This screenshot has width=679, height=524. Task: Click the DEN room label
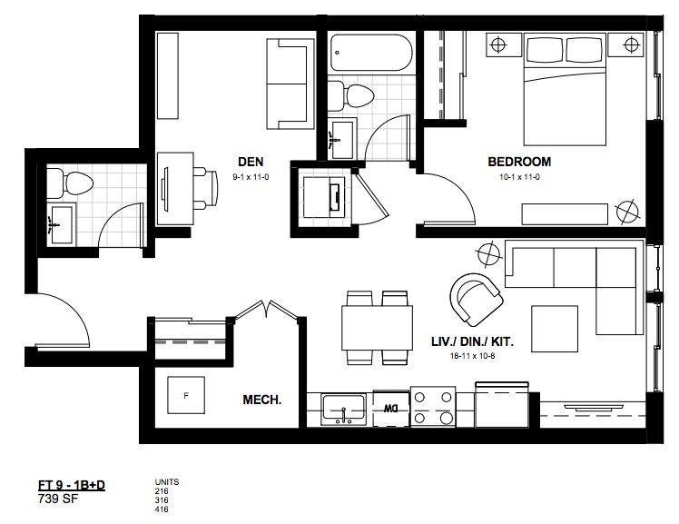(x=251, y=162)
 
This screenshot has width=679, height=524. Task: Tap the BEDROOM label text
(x=519, y=162)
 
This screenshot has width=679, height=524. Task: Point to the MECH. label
(x=262, y=400)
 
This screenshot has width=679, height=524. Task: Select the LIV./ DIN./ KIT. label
(x=472, y=341)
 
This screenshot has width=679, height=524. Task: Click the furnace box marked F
(x=186, y=395)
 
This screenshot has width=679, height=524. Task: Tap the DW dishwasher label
(x=390, y=408)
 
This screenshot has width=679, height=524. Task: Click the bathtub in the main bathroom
(x=371, y=53)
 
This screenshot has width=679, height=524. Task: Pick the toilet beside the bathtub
(x=350, y=94)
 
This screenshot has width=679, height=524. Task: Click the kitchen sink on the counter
(x=343, y=410)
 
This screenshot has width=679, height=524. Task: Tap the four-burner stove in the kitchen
(x=433, y=406)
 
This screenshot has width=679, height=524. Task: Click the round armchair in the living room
(x=476, y=299)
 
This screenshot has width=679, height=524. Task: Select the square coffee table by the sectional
(x=555, y=329)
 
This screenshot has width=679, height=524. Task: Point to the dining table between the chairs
(x=377, y=328)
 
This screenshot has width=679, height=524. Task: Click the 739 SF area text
(x=58, y=499)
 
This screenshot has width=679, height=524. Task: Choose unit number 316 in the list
(x=162, y=500)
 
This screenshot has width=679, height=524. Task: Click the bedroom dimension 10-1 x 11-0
(x=519, y=177)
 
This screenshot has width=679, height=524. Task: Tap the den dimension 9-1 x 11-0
(x=251, y=177)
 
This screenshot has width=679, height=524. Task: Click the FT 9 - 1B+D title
(x=72, y=486)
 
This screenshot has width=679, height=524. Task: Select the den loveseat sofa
(x=290, y=84)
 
